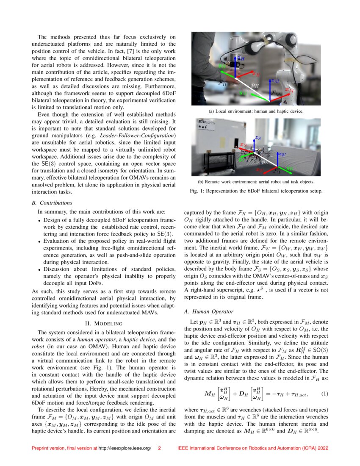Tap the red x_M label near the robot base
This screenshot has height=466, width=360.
click(289, 90)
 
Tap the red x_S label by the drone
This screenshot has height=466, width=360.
click(243, 145)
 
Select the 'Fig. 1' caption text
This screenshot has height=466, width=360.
click(255, 191)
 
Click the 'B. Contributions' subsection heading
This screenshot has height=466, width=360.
click(53, 203)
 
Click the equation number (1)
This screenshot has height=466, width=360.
click(324, 394)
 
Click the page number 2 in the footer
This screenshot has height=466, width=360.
click(159, 448)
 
